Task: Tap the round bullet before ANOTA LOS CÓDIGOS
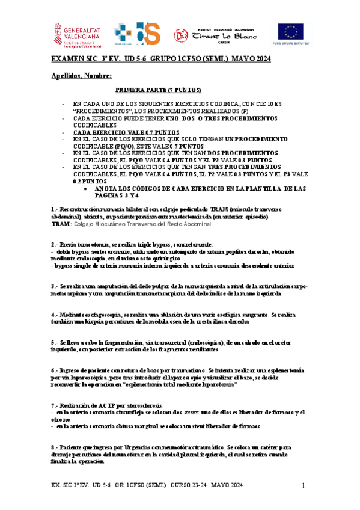pyautogui.click(x=89, y=188)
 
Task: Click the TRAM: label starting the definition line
pyautogui.click(x=61, y=224)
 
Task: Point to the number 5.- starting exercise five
pyautogui.click(x=55, y=342)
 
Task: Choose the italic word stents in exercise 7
pyautogui.click(x=192, y=412)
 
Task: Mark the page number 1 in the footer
pyautogui.click(x=304, y=485)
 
